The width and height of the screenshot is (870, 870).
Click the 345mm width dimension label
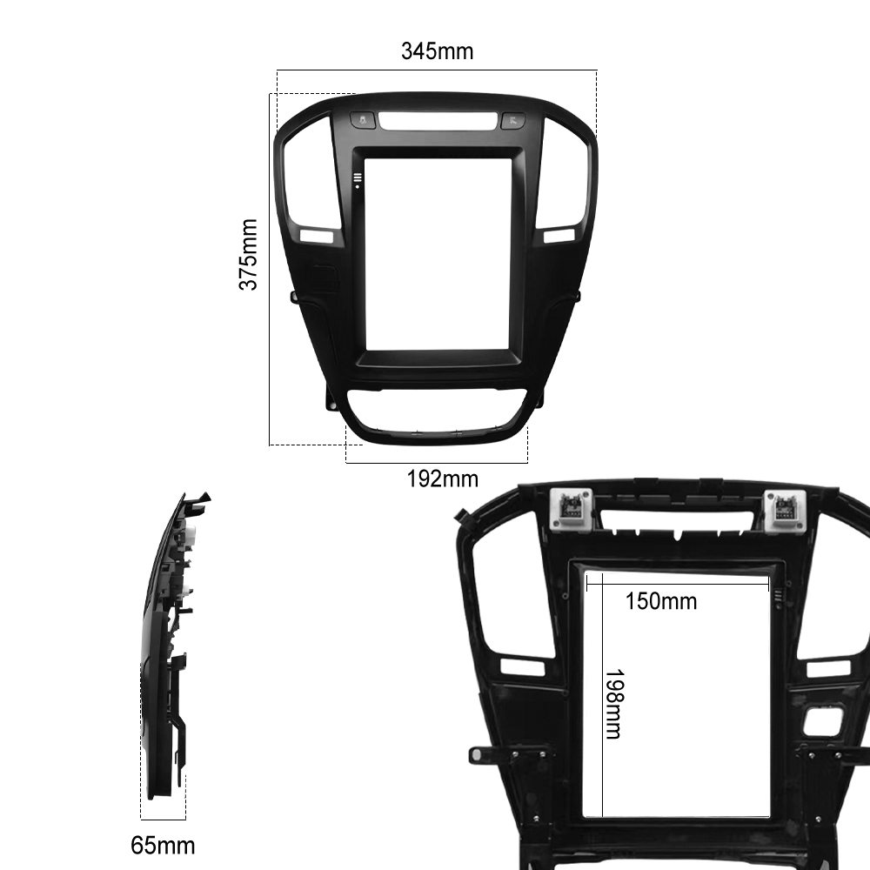coord(438,51)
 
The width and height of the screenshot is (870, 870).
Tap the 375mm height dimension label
coord(248,254)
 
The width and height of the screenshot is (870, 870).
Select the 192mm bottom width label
coord(442,478)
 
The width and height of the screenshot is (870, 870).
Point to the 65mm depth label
coord(163,846)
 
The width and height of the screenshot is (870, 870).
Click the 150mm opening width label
coord(661,601)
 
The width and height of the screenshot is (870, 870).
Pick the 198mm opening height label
coord(614,704)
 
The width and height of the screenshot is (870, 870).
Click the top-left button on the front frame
coord(363,120)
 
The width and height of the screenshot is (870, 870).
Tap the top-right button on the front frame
coord(512,120)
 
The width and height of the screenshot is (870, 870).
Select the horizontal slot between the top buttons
coord(438,121)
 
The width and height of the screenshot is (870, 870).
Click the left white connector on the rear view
coord(571,509)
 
